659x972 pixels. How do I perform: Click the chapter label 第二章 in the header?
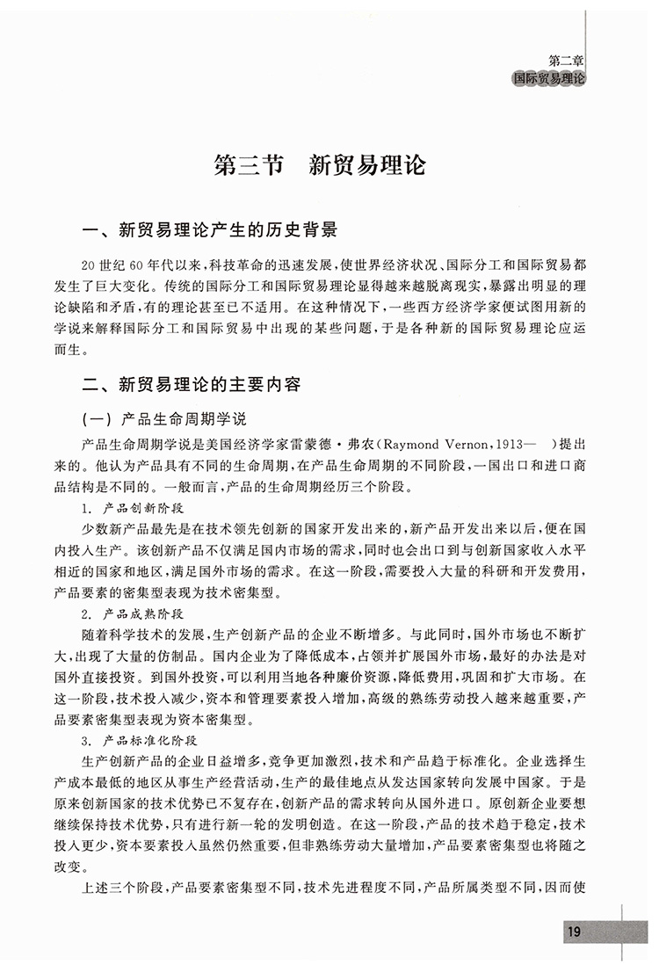click(565, 62)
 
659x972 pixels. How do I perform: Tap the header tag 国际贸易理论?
click(549, 78)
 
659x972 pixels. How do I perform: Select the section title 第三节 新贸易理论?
click(320, 165)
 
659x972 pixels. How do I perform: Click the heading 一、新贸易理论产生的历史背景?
click(208, 233)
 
